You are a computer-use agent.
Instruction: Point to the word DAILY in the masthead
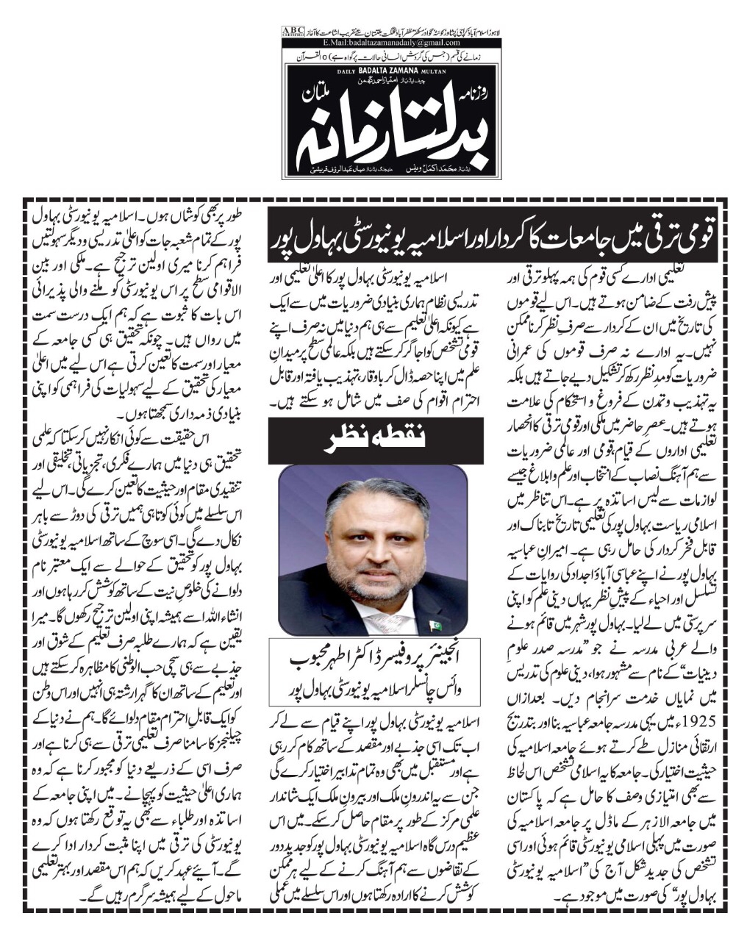[x=346, y=71]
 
